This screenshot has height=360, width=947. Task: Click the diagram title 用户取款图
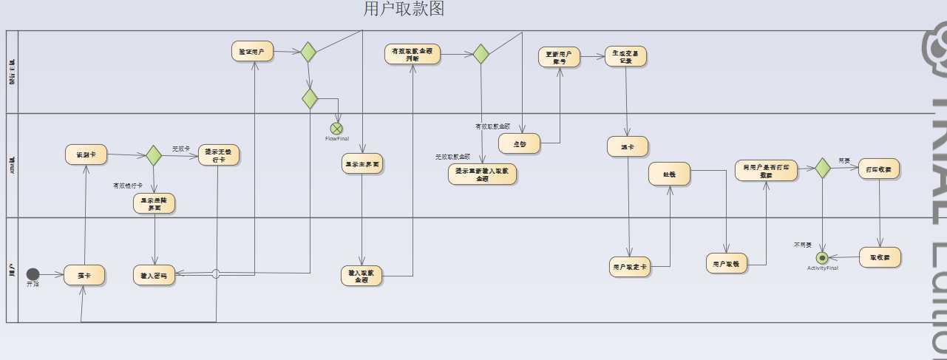click(404, 9)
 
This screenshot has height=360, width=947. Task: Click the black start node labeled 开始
click(33, 274)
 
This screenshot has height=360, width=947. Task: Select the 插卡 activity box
click(84, 275)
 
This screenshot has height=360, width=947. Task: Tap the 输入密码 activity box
click(154, 275)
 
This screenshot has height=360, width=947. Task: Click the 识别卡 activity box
click(86, 154)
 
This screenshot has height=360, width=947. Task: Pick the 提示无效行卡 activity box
click(220, 155)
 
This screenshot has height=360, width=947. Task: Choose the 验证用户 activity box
click(252, 52)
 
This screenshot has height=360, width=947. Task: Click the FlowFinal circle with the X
click(336, 129)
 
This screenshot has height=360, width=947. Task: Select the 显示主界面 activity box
click(362, 163)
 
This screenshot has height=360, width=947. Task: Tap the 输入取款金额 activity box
click(362, 276)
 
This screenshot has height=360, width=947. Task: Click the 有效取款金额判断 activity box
click(413, 54)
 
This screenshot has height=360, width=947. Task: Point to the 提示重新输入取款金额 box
click(482, 174)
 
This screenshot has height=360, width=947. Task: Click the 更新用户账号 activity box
click(559, 57)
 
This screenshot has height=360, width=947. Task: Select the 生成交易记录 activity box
click(625, 57)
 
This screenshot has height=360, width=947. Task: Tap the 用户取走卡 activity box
click(630, 266)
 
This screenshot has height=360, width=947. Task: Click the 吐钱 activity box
click(669, 174)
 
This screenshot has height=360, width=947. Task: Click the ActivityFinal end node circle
click(821, 258)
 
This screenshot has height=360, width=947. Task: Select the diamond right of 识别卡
click(153, 156)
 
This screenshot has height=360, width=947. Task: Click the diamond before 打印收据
click(822, 169)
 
